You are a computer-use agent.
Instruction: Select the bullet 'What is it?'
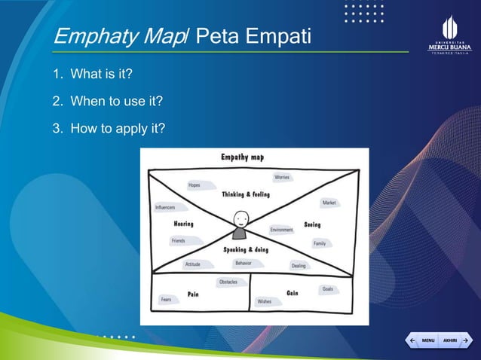(101, 75)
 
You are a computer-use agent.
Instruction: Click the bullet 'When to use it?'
(106, 101)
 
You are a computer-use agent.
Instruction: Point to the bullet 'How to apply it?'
(108, 127)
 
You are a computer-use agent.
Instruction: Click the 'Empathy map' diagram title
(242, 157)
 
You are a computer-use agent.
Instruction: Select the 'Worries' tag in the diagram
(282, 178)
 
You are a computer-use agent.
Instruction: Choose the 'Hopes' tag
(195, 185)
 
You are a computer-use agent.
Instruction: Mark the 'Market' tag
(329, 203)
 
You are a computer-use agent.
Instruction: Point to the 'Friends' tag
(179, 241)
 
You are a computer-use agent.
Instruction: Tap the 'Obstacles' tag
(228, 282)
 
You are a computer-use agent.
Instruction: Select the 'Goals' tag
(327, 289)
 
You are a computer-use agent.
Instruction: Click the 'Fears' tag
(166, 300)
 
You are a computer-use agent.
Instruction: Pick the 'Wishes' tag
(265, 301)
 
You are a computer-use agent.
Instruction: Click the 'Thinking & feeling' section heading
(246, 194)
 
